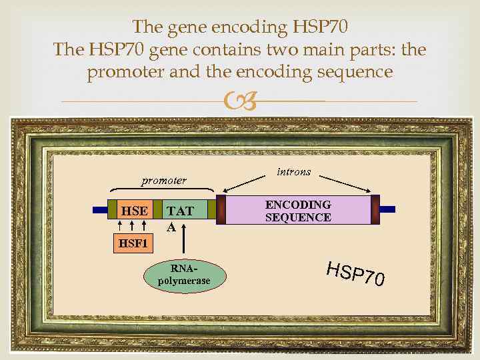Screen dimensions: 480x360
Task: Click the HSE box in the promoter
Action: point(134,211)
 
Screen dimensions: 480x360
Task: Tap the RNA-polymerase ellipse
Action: point(184,275)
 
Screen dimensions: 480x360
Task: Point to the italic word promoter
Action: point(164,181)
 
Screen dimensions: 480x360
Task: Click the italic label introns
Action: point(293,171)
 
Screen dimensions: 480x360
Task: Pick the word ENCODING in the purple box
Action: point(298,205)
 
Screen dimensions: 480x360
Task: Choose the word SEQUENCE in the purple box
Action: point(298,217)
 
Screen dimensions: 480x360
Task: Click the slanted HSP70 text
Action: point(355,273)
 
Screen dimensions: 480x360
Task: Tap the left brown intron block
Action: point(221,209)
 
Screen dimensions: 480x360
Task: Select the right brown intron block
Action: point(375,209)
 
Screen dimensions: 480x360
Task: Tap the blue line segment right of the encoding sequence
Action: point(388,209)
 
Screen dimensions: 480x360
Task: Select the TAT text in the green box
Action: point(180,211)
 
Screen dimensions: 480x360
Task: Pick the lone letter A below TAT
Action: point(171,227)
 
